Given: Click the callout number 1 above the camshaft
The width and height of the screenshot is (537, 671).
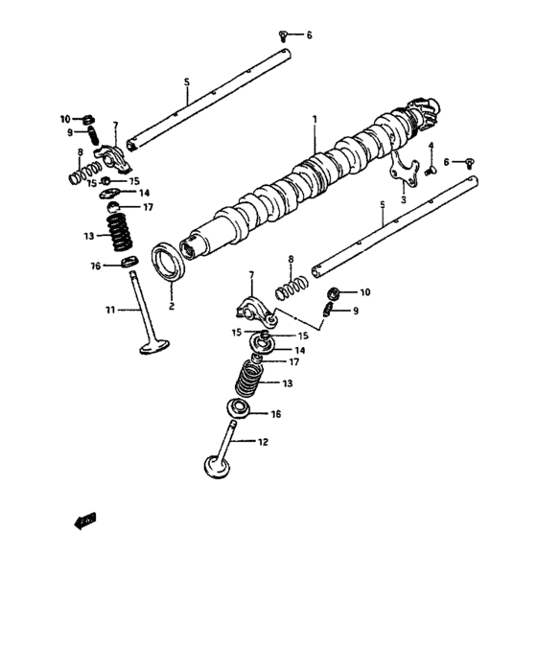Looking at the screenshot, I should click(x=314, y=119).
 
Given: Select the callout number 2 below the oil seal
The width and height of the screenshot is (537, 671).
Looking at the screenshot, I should click(x=171, y=307).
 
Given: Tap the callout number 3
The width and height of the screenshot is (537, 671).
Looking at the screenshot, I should click(x=403, y=200).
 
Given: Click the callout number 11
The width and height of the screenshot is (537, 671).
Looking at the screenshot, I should click(x=110, y=310).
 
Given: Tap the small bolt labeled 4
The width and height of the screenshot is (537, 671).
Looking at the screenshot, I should click(x=432, y=170).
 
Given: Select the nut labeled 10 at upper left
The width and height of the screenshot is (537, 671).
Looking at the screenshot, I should click(x=86, y=119).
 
